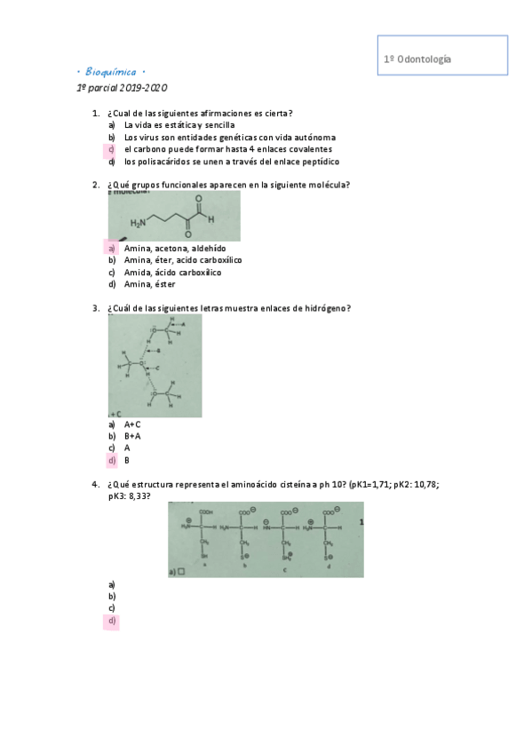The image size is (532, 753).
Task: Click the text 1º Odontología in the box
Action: tap(417, 59)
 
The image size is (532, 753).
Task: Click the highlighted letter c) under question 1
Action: tap(112, 150)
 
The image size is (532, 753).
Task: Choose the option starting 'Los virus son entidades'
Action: tap(230, 138)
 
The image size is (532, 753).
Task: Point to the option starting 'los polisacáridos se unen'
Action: tap(232, 162)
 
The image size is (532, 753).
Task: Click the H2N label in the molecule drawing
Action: tap(139, 223)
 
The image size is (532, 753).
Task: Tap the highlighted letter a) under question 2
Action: tap(112, 248)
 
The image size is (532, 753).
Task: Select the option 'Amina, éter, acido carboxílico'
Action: tap(183, 260)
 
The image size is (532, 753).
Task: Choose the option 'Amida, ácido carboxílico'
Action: tap(173, 273)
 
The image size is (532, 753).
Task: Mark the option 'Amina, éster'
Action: tap(149, 285)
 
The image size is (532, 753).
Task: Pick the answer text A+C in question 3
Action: tap(132, 424)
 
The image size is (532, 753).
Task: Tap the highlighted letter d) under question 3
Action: tap(112, 461)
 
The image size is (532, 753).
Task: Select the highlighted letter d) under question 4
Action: tap(112, 622)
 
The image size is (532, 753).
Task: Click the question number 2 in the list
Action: tap(95, 186)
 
